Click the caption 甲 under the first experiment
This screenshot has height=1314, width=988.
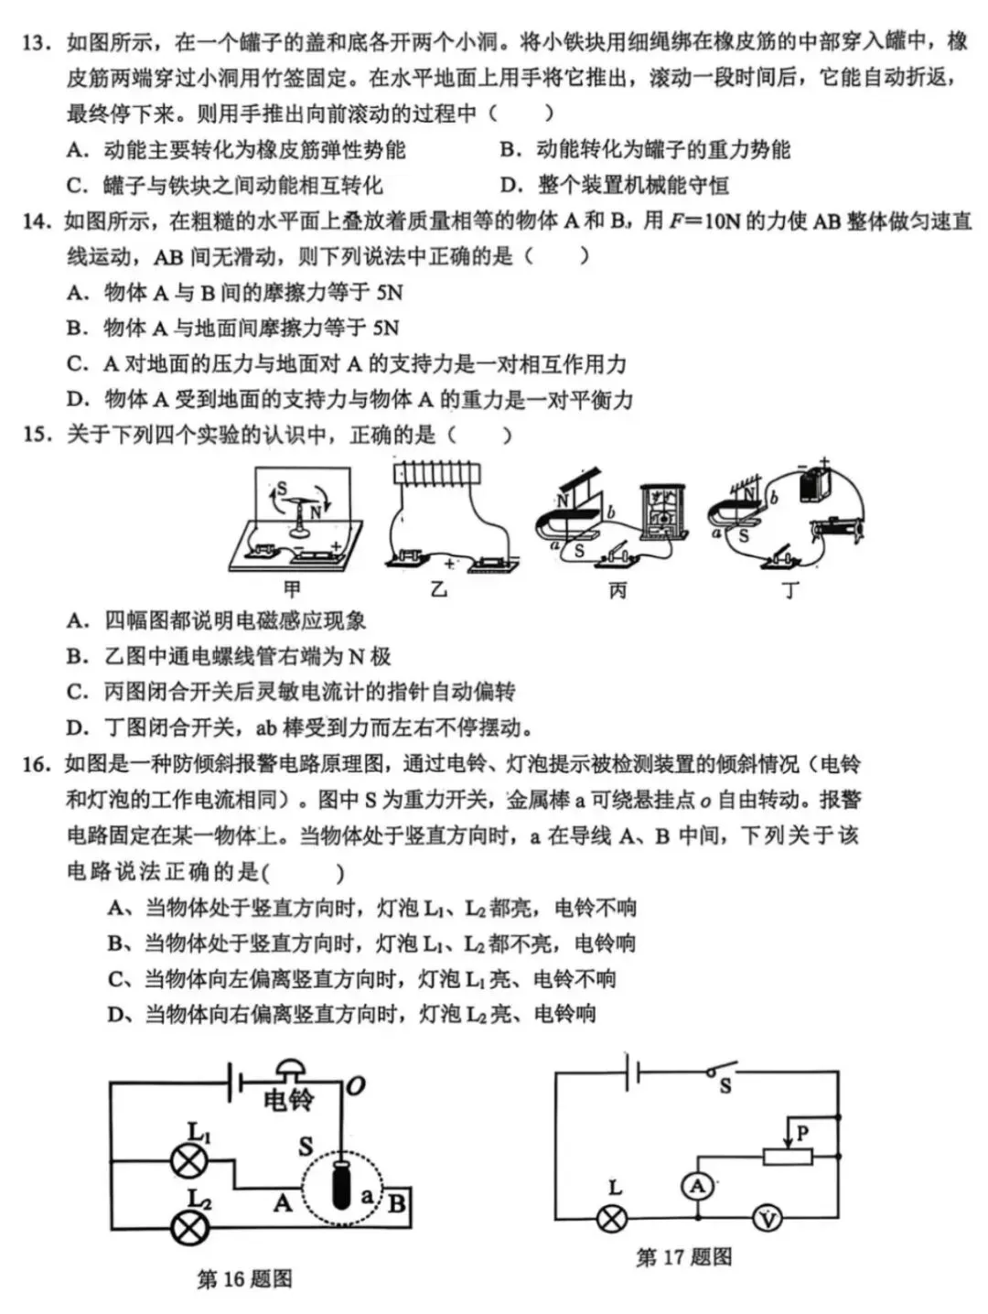(291, 589)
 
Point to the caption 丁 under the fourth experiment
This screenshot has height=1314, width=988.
(789, 589)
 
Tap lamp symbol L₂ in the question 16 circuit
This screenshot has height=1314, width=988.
(189, 1227)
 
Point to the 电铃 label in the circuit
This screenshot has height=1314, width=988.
(288, 1098)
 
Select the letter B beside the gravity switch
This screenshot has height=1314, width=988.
(396, 1201)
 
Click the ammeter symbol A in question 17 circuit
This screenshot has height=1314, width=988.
(697, 1188)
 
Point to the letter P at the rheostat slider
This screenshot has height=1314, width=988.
(803, 1133)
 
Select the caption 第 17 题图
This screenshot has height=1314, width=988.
(684, 1257)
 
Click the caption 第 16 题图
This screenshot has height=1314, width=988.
(244, 1278)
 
